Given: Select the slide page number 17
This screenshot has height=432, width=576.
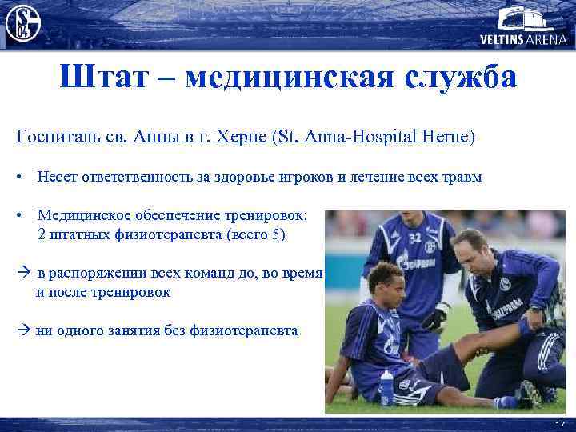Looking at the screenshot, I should (x=559, y=423).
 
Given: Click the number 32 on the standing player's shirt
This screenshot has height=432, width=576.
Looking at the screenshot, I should (x=414, y=237).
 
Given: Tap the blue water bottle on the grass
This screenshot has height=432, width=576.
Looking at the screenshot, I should (x=387, y=388).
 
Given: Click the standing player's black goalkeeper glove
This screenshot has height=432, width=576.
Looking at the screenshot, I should (x=435, y=317).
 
